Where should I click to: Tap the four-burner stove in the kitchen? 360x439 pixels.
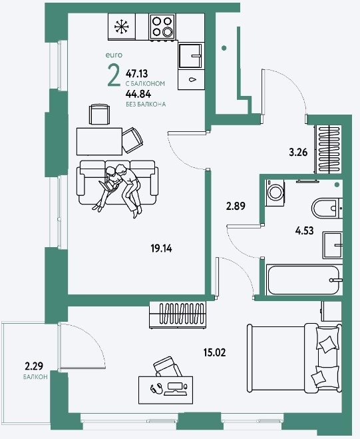pos(162,27)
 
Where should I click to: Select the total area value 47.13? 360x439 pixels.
pos(137,74)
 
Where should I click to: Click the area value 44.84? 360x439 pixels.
pos(138,94)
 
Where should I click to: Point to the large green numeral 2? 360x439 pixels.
pos(114,75)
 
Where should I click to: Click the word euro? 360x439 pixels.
pos(114,55)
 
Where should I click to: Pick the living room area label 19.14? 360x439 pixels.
pos(161,248)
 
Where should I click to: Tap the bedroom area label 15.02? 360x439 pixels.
pos(214,353)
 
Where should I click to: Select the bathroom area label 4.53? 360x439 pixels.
pos(304,231)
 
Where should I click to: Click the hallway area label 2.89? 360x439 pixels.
pos(236,207)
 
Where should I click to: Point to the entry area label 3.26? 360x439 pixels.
pos(298,153)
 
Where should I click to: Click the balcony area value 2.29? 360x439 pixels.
pos(34,366)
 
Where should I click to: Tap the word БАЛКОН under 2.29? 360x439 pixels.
pos(35,377)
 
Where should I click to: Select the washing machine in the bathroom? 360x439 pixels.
pos(275,193)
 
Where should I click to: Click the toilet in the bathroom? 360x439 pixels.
pos(327,209)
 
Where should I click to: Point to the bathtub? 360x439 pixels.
pos(303,280)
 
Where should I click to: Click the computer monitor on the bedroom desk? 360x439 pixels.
pos(174,387)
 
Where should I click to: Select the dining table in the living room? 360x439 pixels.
pos(99,141)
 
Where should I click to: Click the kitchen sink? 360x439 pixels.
pos(190,56)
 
